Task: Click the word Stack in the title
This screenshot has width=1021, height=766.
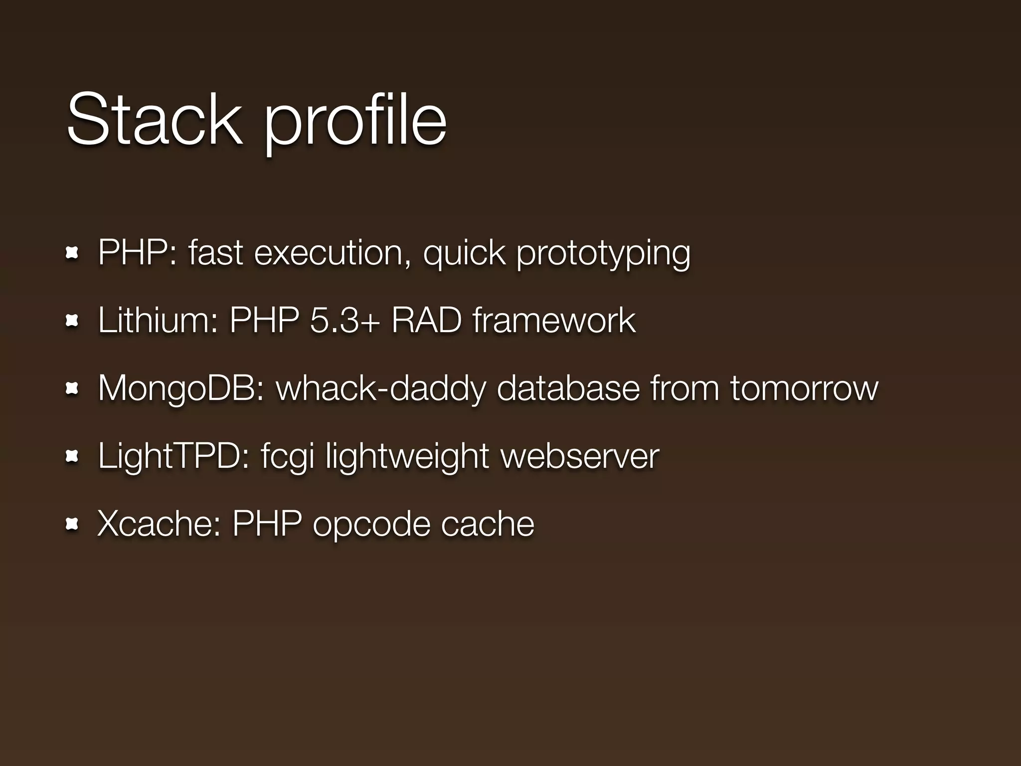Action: tap(154, 120)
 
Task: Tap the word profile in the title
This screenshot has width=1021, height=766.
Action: tap(355, 122)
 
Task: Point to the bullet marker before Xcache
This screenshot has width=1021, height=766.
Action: tap(72, 524)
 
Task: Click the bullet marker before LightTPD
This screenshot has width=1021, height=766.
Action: tap(72, 456)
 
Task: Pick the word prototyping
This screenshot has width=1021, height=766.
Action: tap(603, 254)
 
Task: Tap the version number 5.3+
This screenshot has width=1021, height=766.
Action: tap(344, 320)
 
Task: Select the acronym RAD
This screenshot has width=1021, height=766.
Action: tap(427, 320)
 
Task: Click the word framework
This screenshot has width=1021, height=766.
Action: tap(554, 320)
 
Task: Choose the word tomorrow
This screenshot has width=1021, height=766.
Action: tap(804, 388)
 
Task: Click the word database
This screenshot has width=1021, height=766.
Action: tap(568, 388)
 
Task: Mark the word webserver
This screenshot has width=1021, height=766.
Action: tap(580, 456)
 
